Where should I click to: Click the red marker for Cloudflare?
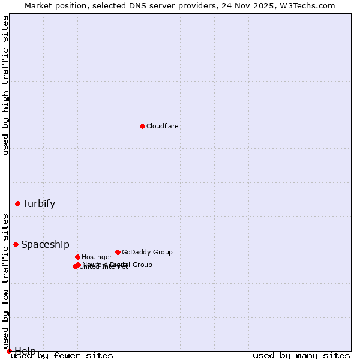tap(142, 126)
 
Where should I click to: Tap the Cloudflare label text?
tap(163, 127)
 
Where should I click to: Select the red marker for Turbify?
tap(17, 203)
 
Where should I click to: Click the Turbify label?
tap(39, 204)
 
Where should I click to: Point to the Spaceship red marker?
tap(16, 244)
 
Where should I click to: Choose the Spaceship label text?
tap(45, 245)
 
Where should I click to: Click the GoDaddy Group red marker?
tap(118, 252)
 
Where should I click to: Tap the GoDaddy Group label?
tap(147, 253)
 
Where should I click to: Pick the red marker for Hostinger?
tap(77, 257)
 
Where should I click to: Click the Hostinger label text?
tap(97, 257)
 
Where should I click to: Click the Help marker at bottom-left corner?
tap(9, 351)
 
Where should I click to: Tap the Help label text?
tap(25, 351)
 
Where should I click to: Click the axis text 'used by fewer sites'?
tap(62, 356)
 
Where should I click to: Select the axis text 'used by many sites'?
tap(301, 356)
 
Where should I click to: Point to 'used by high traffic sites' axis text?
tap(6, 85)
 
